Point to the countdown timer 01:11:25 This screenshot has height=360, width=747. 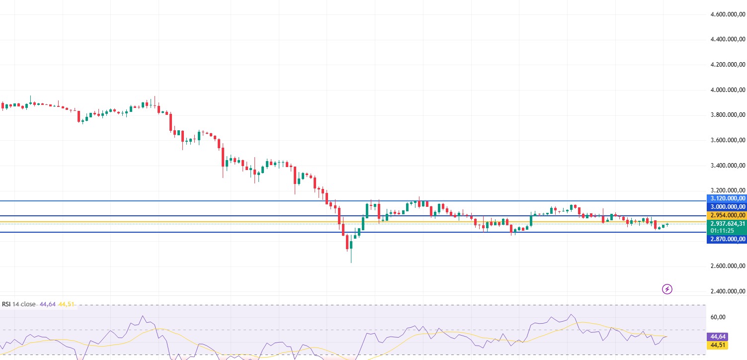[x=722, y=231]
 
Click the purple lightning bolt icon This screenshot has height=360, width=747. [x=667, y=289]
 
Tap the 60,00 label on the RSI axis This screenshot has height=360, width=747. [x=718, y=317]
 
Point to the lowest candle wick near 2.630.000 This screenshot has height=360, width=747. [x=351, y=261]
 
